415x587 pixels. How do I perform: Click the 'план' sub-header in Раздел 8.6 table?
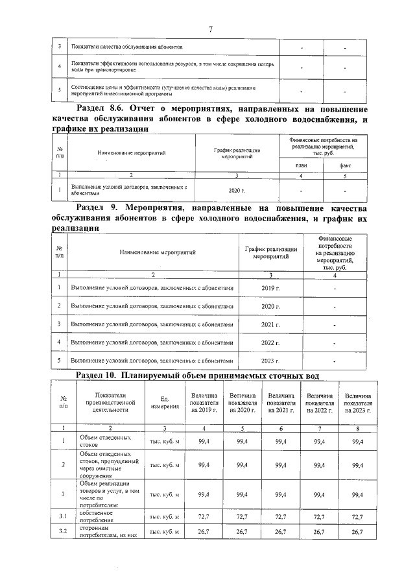[301, 166]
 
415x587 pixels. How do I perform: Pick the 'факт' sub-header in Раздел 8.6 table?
[345, 166]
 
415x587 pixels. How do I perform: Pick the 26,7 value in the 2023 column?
[357, 533]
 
